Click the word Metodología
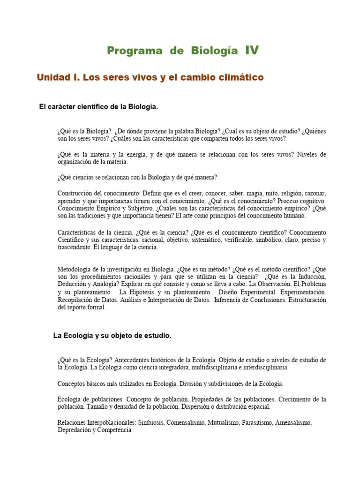(x=76, y=270)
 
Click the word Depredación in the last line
(x=75, y=430)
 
